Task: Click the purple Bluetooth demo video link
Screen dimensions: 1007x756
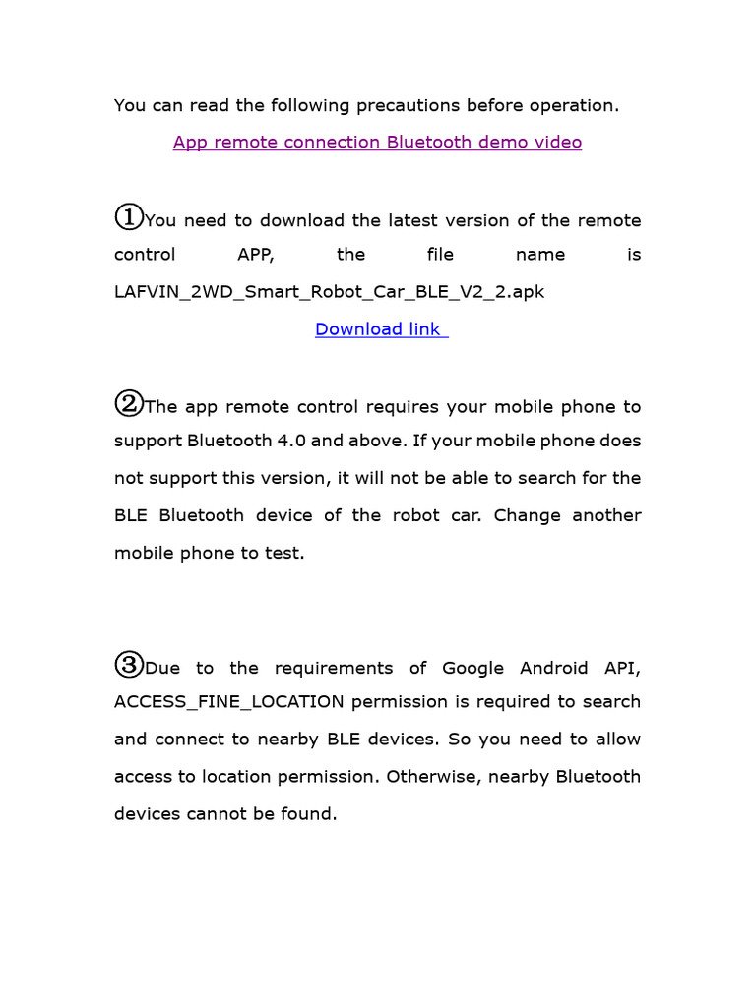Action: pos(377,143)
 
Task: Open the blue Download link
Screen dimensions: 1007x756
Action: pos(381,329)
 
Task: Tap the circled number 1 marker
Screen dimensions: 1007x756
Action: pos(128,216)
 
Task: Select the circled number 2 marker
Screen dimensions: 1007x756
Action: pos(128,403)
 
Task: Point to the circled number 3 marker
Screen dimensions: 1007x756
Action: pos(128,665)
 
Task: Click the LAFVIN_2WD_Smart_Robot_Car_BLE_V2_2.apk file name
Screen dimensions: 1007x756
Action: pos(330,292)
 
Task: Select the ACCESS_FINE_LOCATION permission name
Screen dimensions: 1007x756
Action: pos(229,702)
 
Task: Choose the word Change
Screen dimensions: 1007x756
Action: pos(541,515)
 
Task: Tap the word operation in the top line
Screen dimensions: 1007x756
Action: pos(575,105)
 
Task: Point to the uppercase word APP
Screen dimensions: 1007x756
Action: pos(256,255)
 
